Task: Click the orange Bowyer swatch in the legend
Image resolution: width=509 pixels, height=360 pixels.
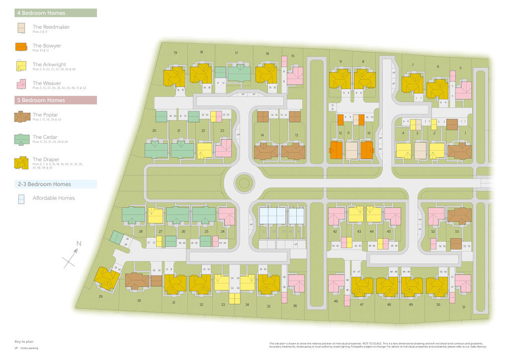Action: click(20, 47)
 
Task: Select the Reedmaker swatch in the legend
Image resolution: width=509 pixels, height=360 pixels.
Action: click(20, 28)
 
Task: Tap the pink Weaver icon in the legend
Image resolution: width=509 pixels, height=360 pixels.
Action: click(21, 84)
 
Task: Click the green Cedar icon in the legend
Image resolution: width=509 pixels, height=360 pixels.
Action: click(21, 138)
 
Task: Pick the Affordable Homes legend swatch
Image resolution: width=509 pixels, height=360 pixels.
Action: click(20, 198)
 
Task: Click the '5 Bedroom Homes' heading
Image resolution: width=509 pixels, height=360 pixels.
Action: click(39, 100)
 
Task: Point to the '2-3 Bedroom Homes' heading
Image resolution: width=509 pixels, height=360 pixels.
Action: click(45, 184)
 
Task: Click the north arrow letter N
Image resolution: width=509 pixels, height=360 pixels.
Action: click(78, 244)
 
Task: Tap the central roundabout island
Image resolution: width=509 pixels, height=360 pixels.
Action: click(244, 183)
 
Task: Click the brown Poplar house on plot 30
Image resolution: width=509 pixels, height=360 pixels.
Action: click(137, 281)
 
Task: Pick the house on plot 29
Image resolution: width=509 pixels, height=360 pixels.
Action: click(107, 278)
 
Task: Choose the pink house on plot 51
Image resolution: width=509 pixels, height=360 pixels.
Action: click(463, 283)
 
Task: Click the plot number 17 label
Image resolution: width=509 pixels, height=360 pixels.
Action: click(237, 53)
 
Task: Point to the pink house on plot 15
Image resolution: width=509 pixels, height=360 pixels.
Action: click(295, 76)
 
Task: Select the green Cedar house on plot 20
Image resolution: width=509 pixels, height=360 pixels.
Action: click(156, 150)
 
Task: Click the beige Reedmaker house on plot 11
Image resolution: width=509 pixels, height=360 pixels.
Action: click(351, 150)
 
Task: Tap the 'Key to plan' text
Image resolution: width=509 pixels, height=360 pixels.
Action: click(23, 342)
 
